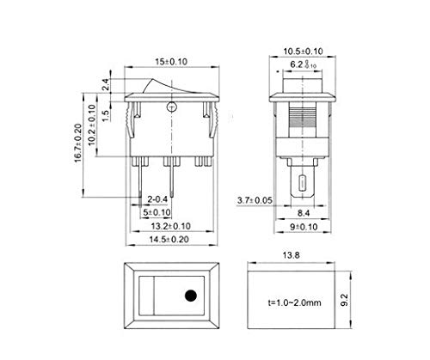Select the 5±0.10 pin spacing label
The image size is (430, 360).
pyautogui.click(x=156, y=213)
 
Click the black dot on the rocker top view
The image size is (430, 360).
pyautogui.click(x=188, y=299)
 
